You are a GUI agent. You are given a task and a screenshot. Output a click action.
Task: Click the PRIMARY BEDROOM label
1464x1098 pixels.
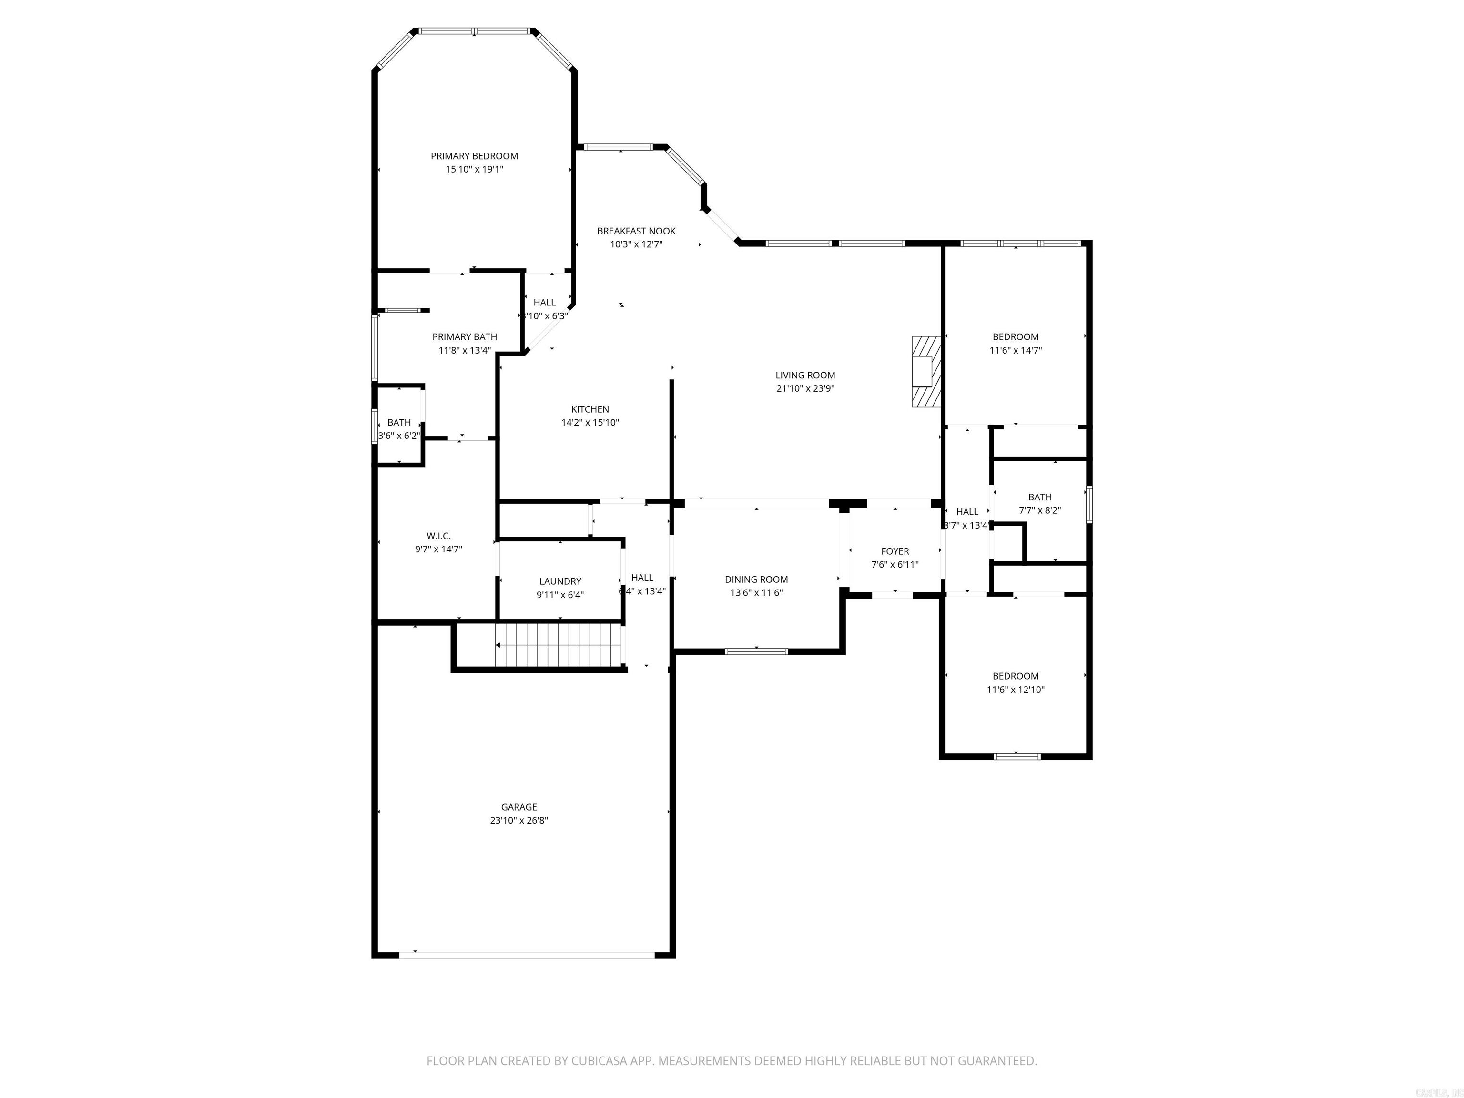[474, 156]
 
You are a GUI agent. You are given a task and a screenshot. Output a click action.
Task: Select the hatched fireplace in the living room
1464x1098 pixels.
[926, 371]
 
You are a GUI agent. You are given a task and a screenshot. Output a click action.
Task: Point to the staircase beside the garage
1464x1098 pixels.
[560, 645]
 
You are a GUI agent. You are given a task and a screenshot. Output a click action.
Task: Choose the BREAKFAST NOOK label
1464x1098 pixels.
[636, 231]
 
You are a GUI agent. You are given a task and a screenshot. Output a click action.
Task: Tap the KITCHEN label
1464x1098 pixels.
[590, 409]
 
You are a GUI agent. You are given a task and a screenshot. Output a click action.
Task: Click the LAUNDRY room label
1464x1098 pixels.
[560, 581]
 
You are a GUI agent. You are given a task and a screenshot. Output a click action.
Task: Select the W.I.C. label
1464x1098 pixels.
[438, 536]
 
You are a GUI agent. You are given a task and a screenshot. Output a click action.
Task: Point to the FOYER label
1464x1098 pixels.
[895, 551]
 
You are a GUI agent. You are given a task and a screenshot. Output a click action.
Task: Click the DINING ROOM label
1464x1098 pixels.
[756, 579]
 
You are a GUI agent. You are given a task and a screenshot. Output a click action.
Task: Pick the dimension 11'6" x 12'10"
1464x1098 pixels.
[1015, 690]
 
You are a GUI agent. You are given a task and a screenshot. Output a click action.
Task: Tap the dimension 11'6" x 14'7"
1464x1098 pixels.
[1015, 351]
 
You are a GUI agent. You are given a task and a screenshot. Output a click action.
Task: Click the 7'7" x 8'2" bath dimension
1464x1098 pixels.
[1040, 510]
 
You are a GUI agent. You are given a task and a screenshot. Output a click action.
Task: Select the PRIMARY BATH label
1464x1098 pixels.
[464, 337]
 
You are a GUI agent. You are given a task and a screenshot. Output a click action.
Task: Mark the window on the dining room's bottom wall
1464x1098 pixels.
[756, 651]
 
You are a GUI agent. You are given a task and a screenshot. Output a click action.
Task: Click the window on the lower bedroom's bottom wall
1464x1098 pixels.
[1017, 756]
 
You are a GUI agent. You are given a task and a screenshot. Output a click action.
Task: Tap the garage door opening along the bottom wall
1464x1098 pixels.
[526, 955]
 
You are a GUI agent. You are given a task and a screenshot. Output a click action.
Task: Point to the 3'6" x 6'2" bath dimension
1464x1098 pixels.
[398, 436]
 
